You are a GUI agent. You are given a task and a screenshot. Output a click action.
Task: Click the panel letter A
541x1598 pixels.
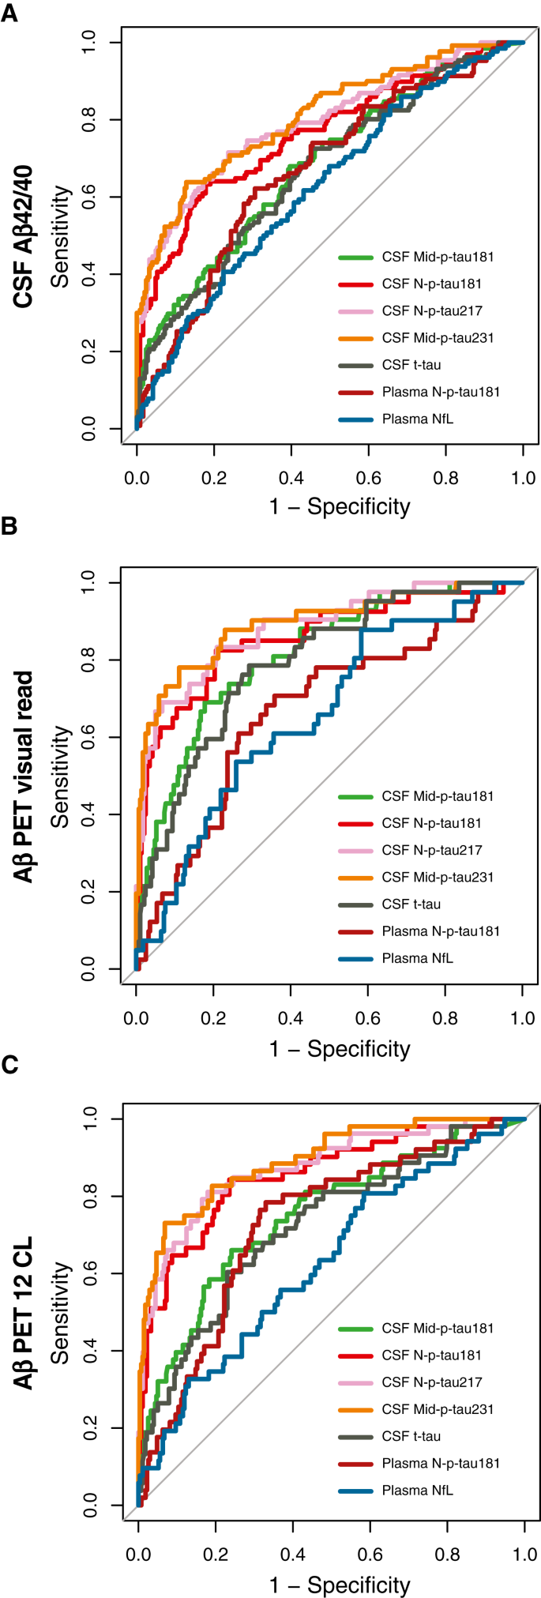point(9,13)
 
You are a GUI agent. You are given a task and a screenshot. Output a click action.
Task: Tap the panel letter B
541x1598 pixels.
point(9,526)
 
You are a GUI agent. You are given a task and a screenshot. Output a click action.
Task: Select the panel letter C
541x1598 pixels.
point(9,1066)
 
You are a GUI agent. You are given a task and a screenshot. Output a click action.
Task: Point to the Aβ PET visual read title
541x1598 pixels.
point(24,777)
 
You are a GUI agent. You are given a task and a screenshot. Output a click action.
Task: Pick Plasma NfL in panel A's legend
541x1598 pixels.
point(417,419)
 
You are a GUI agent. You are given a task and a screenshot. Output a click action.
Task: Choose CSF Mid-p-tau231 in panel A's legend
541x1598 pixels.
point(438,338)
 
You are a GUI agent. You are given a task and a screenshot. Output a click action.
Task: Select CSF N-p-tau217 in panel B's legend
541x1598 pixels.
point(431,851)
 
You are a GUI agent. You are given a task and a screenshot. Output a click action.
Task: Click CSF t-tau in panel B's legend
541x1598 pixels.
point(411,904)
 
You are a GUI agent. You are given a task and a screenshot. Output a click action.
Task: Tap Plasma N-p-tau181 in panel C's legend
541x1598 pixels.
point(441,1464)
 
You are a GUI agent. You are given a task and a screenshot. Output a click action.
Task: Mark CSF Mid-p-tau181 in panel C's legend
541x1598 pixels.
point(438,1329)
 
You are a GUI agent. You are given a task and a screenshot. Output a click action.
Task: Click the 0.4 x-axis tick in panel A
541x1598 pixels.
point(291,478)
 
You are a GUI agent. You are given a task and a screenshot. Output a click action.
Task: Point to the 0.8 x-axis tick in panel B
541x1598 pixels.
point(445,1018)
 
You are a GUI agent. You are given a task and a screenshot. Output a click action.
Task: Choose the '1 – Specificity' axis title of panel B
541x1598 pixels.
point(340,1049)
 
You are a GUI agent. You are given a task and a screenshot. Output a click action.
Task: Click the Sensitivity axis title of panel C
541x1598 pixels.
point(60,1312)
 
